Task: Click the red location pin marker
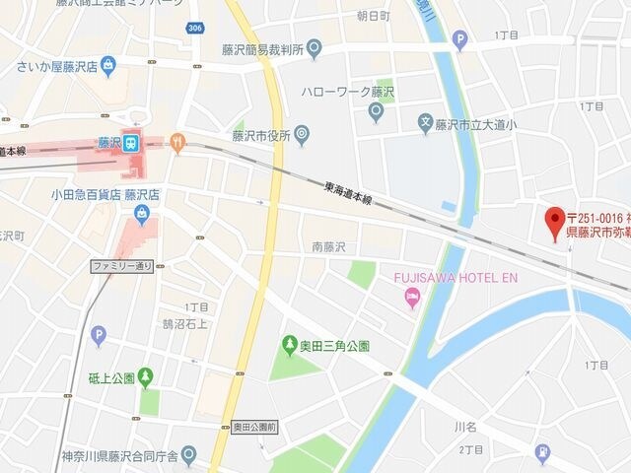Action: pos(554,218)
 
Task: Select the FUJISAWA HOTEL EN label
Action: pos(456,278)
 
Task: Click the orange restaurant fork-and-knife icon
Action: pos(177,142)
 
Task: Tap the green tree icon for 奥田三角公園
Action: pos(290,345)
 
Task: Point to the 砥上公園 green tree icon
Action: pos(146,375)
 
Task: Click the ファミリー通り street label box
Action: pos(122,266)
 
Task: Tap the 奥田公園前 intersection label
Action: pos(255,427)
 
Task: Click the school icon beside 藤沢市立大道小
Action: pos(426,124)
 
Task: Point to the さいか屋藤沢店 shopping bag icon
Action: pos(107,66)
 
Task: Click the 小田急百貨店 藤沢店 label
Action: pos(105,194)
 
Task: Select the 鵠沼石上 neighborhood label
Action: pos(185,322)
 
